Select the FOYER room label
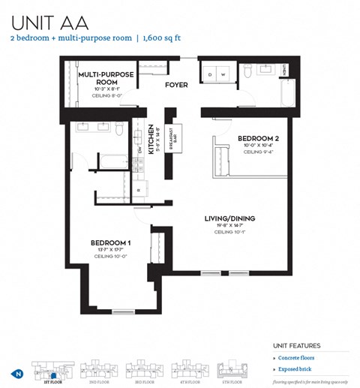click(177, 85)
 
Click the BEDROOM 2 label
click(258, 138)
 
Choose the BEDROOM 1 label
click(111, 242)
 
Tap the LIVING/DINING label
click(229, 218)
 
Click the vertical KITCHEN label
click(151, 139)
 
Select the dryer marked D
click(211, 74)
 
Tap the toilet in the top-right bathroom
click(247, 72)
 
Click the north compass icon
click(16, 373)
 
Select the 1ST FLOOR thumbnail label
click(53, 380)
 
